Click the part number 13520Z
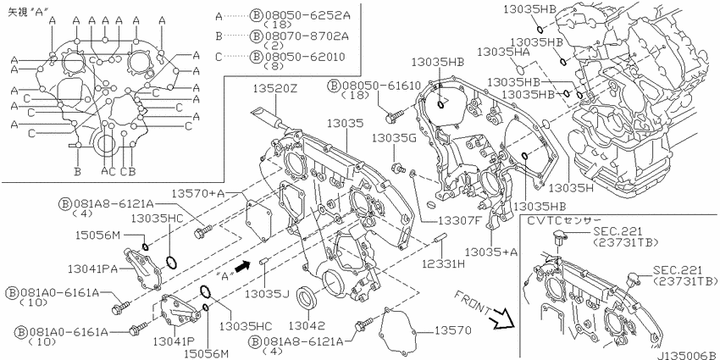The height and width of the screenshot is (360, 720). click(274, 89)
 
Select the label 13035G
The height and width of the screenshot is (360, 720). click(395, 137)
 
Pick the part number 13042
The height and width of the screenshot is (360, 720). click(307, 325)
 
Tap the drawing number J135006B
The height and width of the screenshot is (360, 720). click(686, 355)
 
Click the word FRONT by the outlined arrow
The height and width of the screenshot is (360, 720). click(473, 303)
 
